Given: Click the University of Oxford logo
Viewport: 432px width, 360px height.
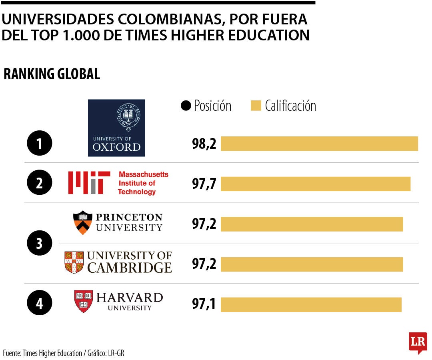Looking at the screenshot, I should pos(116,128).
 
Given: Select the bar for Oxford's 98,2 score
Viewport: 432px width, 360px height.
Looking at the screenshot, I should pos(319,144).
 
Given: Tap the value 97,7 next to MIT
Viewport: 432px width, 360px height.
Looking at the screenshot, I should pos(204,184).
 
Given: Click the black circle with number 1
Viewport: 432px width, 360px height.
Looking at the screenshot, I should pos(39,144).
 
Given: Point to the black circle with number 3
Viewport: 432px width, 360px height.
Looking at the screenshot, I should pos(39,243).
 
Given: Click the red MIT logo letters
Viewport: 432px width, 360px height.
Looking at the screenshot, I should pos(89,183).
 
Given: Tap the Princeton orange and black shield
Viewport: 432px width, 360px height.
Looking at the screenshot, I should pos(82,222).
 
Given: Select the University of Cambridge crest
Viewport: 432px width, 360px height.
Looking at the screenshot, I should pos(74,262).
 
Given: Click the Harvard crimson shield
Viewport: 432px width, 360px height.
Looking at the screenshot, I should pos(83,301).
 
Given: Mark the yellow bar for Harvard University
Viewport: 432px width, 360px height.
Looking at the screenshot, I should pos(311,304).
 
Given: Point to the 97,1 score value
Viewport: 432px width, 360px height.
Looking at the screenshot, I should pos(204,304).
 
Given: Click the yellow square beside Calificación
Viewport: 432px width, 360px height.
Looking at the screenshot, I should pos(256,106).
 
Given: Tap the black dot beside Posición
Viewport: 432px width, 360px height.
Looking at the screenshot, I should pos(186,106).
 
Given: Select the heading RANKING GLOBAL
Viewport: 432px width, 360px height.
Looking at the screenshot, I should pos(52,74).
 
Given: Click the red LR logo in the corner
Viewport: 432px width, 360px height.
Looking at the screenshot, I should pos(418,342).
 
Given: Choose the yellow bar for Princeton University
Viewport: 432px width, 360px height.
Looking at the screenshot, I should pos(312,224).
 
